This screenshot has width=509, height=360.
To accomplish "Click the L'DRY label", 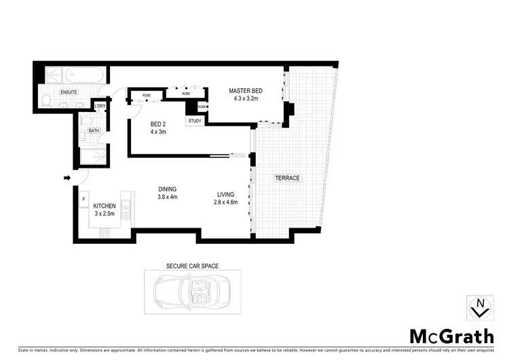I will [x=100, y=106].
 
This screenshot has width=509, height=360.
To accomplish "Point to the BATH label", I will [x=93, y=130].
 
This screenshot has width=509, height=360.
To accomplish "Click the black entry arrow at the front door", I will [x=67, y=178].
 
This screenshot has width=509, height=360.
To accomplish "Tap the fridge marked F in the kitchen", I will [x=83, y=198].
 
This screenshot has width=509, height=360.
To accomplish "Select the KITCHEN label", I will [x=105, y=206].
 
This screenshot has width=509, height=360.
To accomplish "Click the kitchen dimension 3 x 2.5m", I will [x=105, y=214].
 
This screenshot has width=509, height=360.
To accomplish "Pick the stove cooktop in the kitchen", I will [x=106, y=233].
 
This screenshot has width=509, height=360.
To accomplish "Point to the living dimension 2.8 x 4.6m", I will [x=225, y=202].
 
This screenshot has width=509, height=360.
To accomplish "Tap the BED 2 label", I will [x=159, y=124].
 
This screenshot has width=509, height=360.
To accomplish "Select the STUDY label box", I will [x=195, y=121].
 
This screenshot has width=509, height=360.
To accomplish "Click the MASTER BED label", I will [x=245, y=91].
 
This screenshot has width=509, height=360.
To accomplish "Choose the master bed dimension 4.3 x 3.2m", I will [x=245, y=99].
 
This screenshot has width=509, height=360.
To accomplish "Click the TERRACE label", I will [x=286, y=178].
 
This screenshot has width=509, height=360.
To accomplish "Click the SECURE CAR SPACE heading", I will [x=192, y=266].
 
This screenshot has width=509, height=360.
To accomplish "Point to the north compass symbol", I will [x=480, y=309].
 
